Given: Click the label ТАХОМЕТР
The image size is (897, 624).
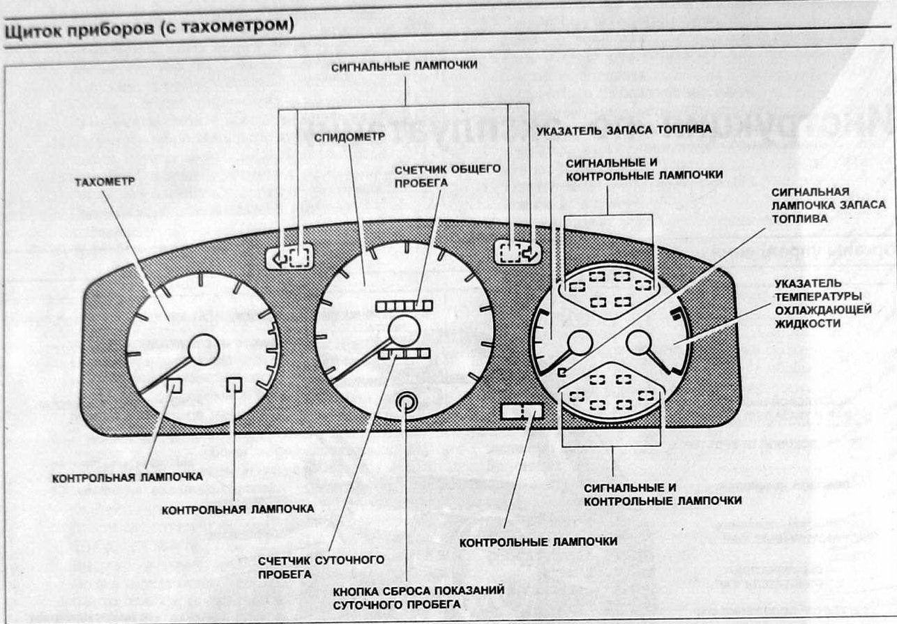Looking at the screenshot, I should [x=105, y=182].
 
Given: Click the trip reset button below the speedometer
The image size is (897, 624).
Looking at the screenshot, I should [x=406, y=403].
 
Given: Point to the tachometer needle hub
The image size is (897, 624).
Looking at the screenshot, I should [x=204, y=349].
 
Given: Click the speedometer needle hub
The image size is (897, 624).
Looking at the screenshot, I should [x=405, y=330].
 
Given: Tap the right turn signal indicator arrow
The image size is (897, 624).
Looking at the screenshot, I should [x=532, y=252].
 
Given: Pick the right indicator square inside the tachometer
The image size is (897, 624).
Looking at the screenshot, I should [x=235, y=384].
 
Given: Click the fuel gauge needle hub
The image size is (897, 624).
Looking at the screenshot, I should [x=580, y=343].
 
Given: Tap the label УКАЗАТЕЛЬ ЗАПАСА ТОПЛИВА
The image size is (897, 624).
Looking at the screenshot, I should [x=624, y=130].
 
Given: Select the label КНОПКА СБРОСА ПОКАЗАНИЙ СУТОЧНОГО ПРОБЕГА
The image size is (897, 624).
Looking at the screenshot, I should [x=419, y=598].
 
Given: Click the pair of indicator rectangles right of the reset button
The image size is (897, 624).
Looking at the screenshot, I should [x=522, y=411].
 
